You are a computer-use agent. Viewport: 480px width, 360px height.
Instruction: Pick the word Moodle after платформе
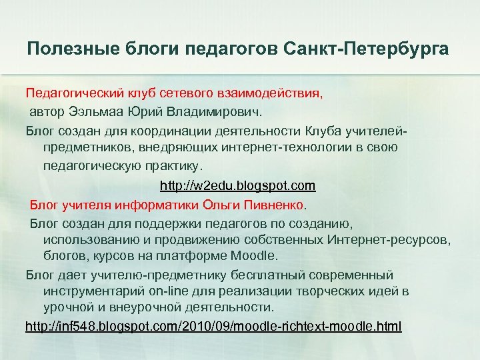coord(257,255)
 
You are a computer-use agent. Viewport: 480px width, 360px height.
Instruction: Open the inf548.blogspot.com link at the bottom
coord(213,327)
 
